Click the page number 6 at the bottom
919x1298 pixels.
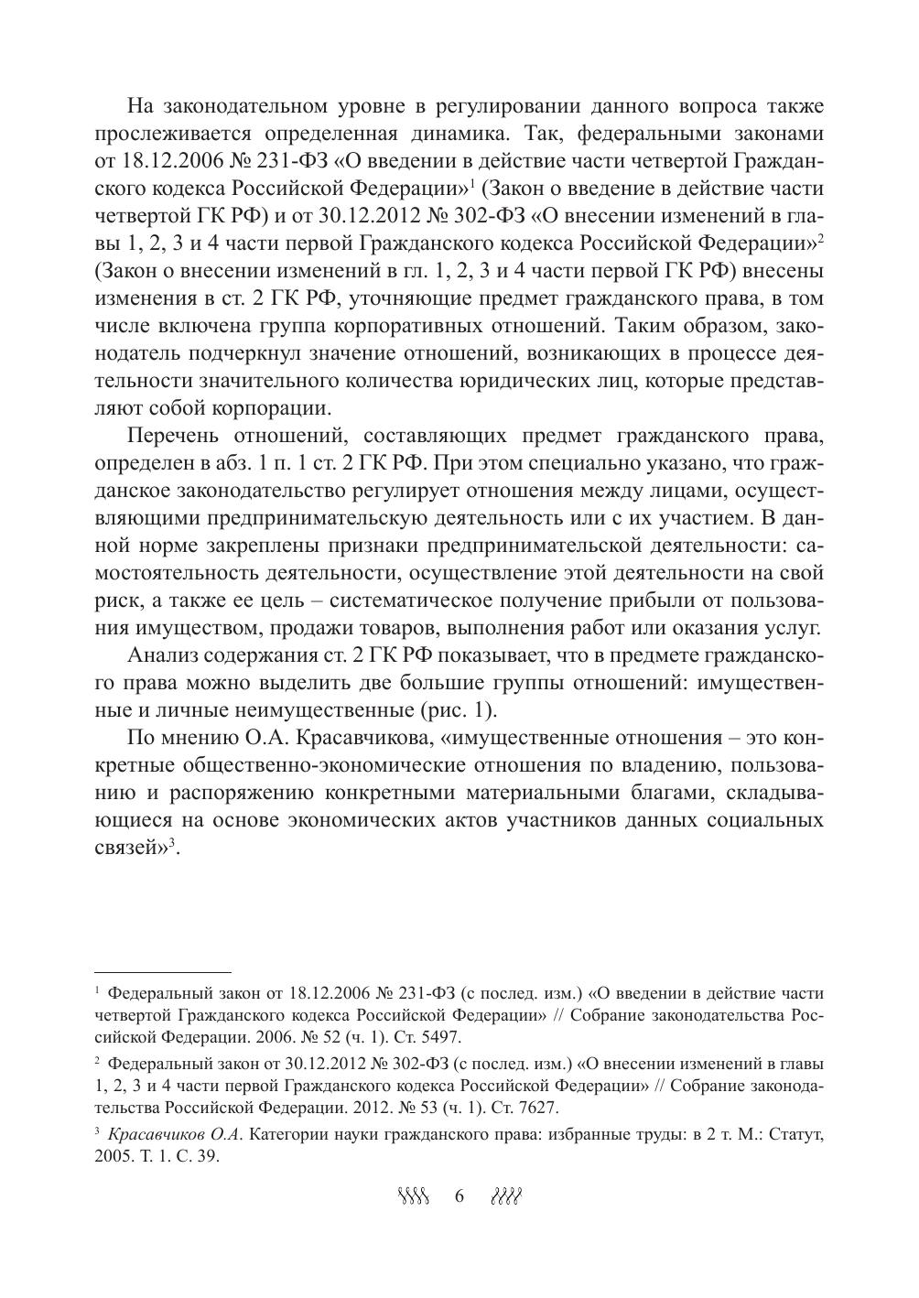(459, 1196)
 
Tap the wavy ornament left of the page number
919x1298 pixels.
(414, 1196)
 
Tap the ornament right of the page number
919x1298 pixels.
(506, 1196)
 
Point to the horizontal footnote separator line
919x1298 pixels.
(163, 972)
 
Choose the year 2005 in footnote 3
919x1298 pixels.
(114, 1155)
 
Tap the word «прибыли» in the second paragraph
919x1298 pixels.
(588, 600)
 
